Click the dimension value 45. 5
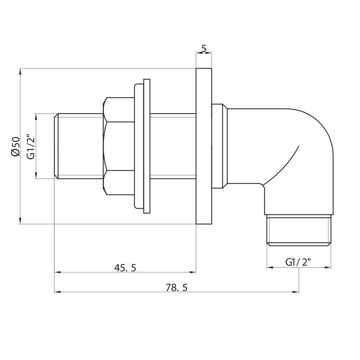[x=125, y=267]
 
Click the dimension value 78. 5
[x=177, y=287]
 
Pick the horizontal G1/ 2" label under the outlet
[x=298, y=262]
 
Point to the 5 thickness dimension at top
[x=204, y=48]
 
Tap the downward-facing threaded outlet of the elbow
[x=298, y=230]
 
